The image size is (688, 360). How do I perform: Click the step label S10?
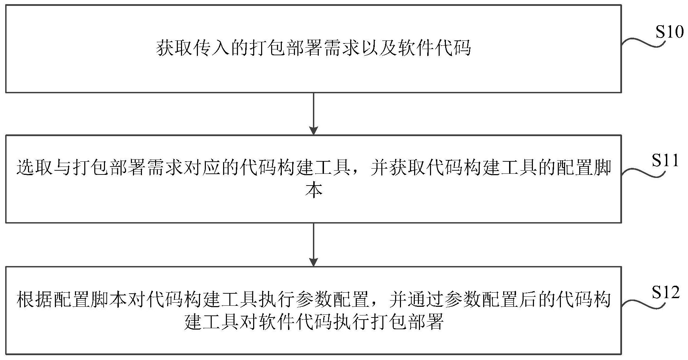(x=670, y=32)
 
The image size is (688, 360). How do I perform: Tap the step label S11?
(x=665, y=161)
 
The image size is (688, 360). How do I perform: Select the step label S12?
(x=666, y=293)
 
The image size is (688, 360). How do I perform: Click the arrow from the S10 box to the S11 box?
(x=313, y=114)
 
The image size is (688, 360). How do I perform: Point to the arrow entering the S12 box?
(x=313, y=245)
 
